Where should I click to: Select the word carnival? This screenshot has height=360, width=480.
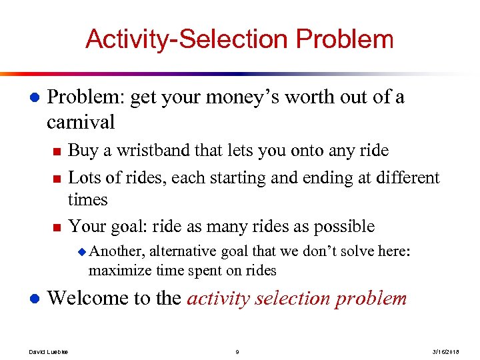(81, 122)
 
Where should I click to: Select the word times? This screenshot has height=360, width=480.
(88, 199)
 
